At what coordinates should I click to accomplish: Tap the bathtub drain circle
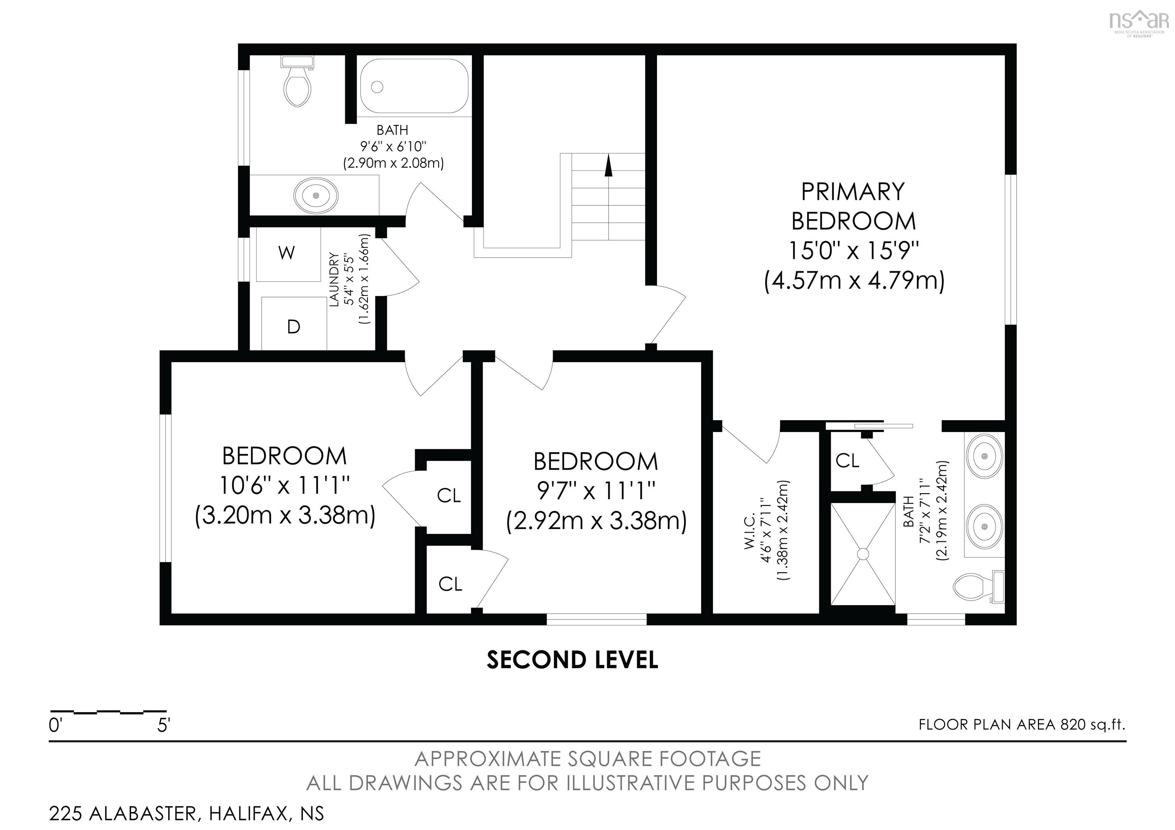(377, 87)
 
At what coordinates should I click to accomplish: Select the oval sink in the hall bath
(316, 195)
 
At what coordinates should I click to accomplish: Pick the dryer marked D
(294, 323)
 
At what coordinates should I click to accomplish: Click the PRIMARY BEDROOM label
(853, 206)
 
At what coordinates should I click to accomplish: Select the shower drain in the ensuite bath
(863, 554)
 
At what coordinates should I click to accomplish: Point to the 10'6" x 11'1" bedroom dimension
(285, 485)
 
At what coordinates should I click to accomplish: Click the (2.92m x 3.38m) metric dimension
(596, 521)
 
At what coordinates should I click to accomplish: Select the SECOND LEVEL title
(572, 660)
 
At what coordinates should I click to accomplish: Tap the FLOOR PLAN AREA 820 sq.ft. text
(1022, 724)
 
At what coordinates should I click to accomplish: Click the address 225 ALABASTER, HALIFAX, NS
(186, 814)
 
